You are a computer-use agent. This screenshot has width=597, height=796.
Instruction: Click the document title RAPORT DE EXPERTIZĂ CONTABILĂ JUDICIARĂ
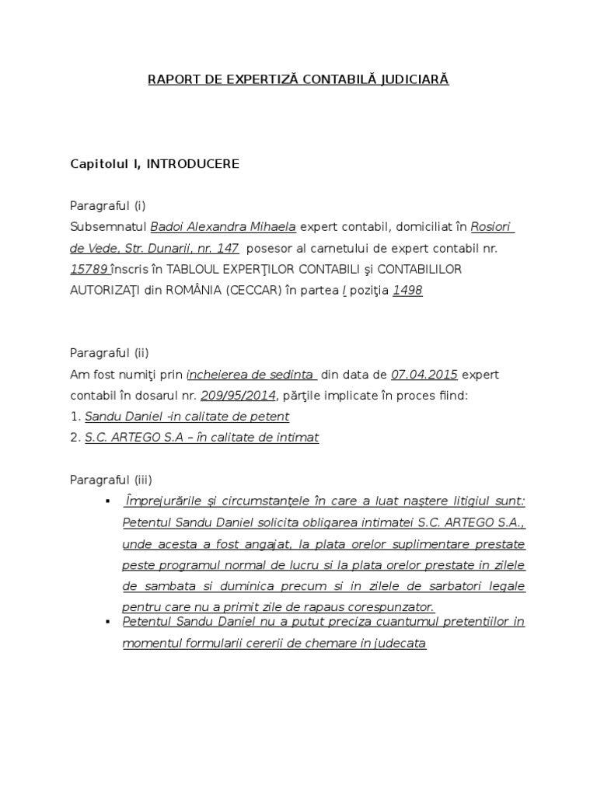(298, 79)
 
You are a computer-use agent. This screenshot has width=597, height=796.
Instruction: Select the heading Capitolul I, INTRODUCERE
(154, 163)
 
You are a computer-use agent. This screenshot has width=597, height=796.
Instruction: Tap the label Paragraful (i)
(107, 205)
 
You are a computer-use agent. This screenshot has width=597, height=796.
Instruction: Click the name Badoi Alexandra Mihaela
(223, 227)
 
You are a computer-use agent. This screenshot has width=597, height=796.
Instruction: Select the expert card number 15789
(89, 269)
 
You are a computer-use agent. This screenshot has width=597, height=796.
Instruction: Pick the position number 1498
(408, 290)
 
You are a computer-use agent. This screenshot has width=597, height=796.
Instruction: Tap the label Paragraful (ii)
(109, 353)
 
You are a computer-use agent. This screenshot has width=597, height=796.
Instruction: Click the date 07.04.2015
(424, 374)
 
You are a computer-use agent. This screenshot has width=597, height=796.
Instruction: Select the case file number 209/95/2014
(238, 395)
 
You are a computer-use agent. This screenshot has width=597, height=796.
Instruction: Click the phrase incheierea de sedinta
(250, 374)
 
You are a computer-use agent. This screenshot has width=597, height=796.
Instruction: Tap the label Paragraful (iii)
(110, 480)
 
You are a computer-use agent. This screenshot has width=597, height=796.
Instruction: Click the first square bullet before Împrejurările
(107, 501)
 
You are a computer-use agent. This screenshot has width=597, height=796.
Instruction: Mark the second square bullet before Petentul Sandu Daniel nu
(107, 622)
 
